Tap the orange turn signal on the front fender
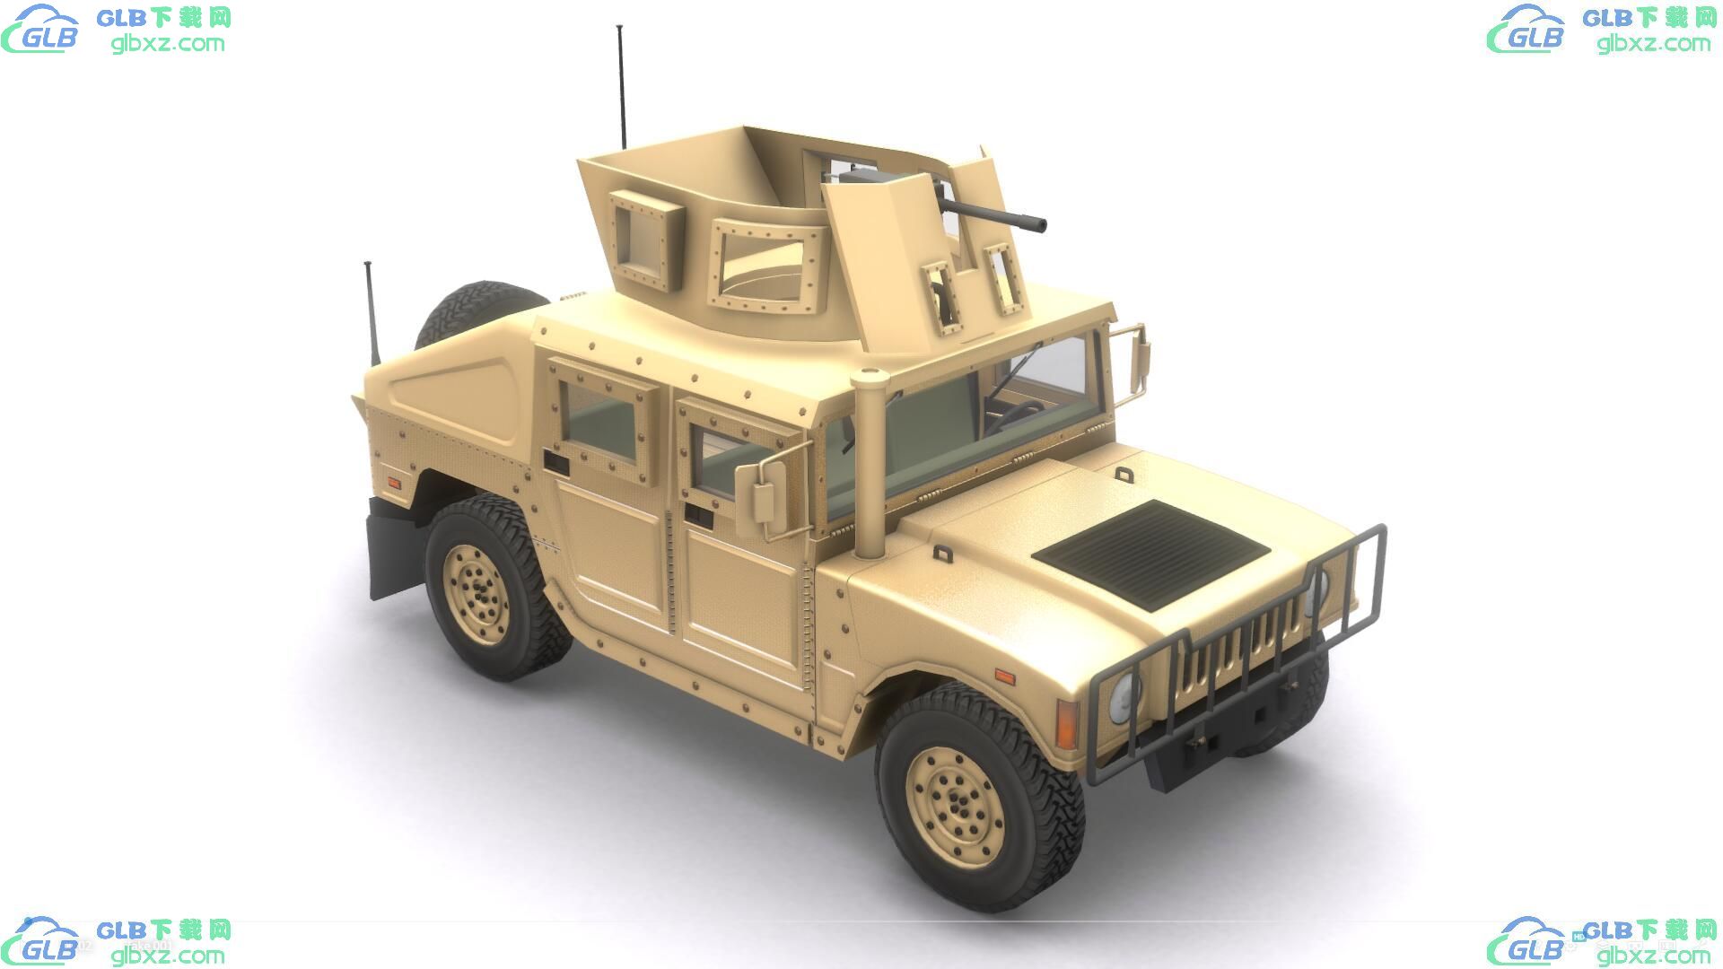pos(1066,725)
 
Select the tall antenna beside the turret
pos(621,87)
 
